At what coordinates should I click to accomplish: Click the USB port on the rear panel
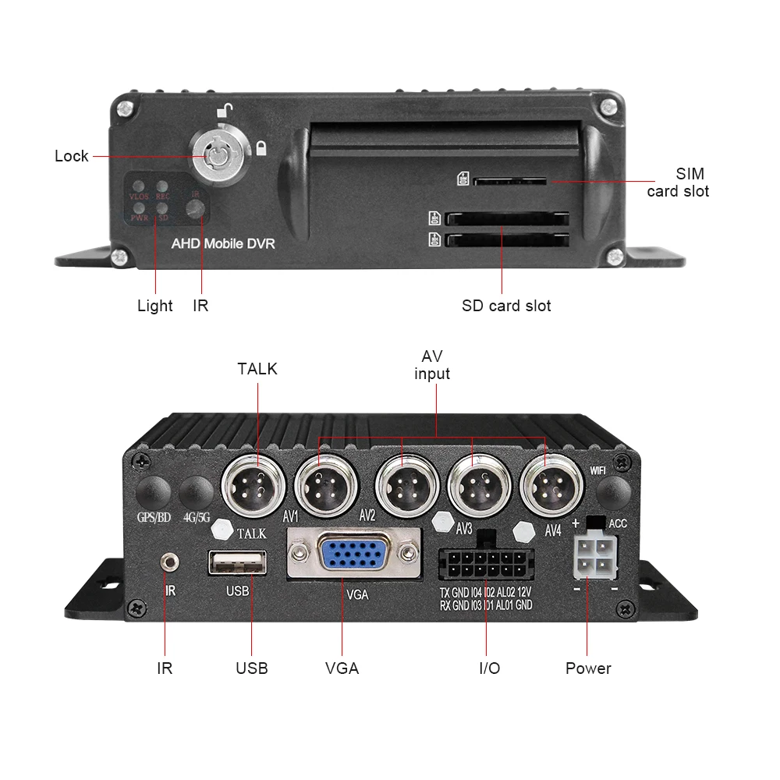[x=237, y=562]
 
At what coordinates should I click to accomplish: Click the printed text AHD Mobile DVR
[x=223, y=243]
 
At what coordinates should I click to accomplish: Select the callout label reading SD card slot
[x=506, y=305]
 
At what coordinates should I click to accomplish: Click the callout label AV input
[x=432, y=365]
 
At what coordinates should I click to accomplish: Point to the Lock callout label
[x=72, y=156]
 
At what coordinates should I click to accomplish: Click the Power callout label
[x=588, y=668]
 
